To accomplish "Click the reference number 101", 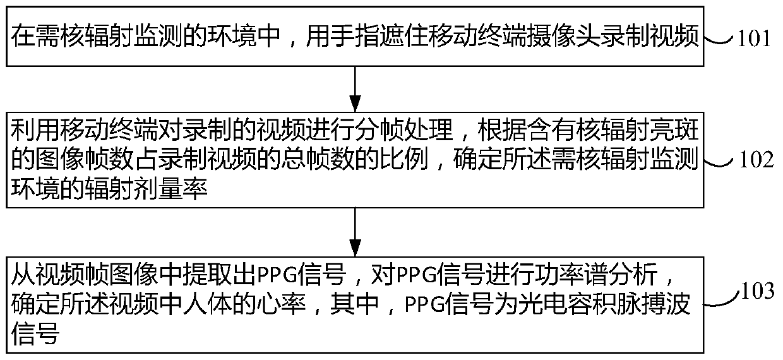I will click(754, 39).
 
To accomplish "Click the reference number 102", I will click(756, 160).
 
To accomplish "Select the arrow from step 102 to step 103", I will click(356, 231).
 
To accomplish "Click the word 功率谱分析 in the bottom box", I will click(616, 276).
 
